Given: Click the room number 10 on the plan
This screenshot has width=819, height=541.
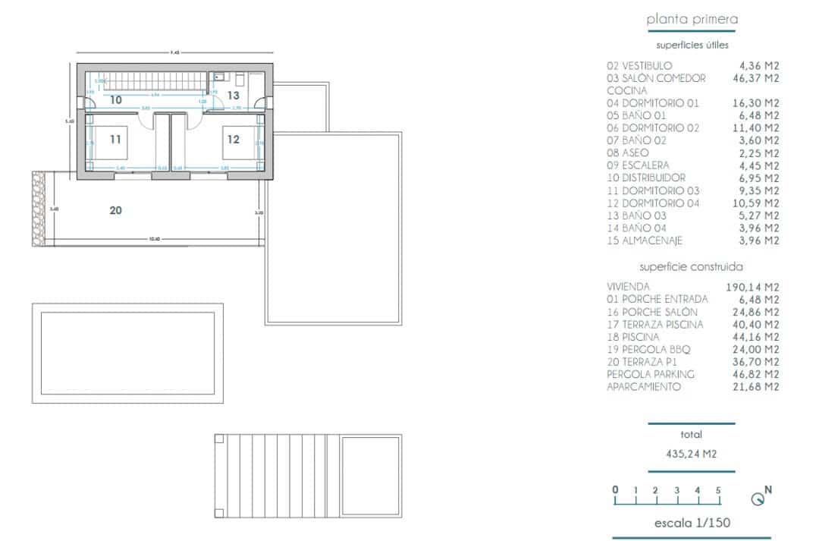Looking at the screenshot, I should pyautogui.click(x=115, y=99).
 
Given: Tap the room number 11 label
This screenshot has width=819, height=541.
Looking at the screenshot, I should pyautogui.click(x=115, y=140).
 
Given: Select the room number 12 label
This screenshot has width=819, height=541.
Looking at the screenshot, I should pyautogui.click(x=233, y=140).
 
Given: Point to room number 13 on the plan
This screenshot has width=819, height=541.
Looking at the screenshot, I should pyautogui.click(x=233, y=96).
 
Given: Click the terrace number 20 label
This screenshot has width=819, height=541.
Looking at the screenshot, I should pyautogui.click(x=115, y=210).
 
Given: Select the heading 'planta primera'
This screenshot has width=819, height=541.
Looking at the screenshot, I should pyautogui.click(x=692, y=20).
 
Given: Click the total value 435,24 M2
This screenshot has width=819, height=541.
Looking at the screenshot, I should pyautogui.click(x=692, y=455).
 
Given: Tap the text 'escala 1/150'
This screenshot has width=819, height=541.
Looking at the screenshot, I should pyautogui.click(x=692, y=523).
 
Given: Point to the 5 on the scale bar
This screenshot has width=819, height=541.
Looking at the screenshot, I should pyautogui.click(x=717, y=489).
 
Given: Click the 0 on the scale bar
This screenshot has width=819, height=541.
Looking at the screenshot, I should pyautogui.click(x=615, y=489).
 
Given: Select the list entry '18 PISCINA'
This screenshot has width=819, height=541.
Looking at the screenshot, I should pyautogui.click(x=633, y=337).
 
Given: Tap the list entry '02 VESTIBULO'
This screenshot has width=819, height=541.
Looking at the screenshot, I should pyautogui.click(x=639, y=66).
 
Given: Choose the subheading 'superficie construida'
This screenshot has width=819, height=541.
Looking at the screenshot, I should pyautogui.click(x=692, y=267).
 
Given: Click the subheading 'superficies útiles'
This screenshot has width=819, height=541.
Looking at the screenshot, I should pyautogui.click(x=692, y=46).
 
